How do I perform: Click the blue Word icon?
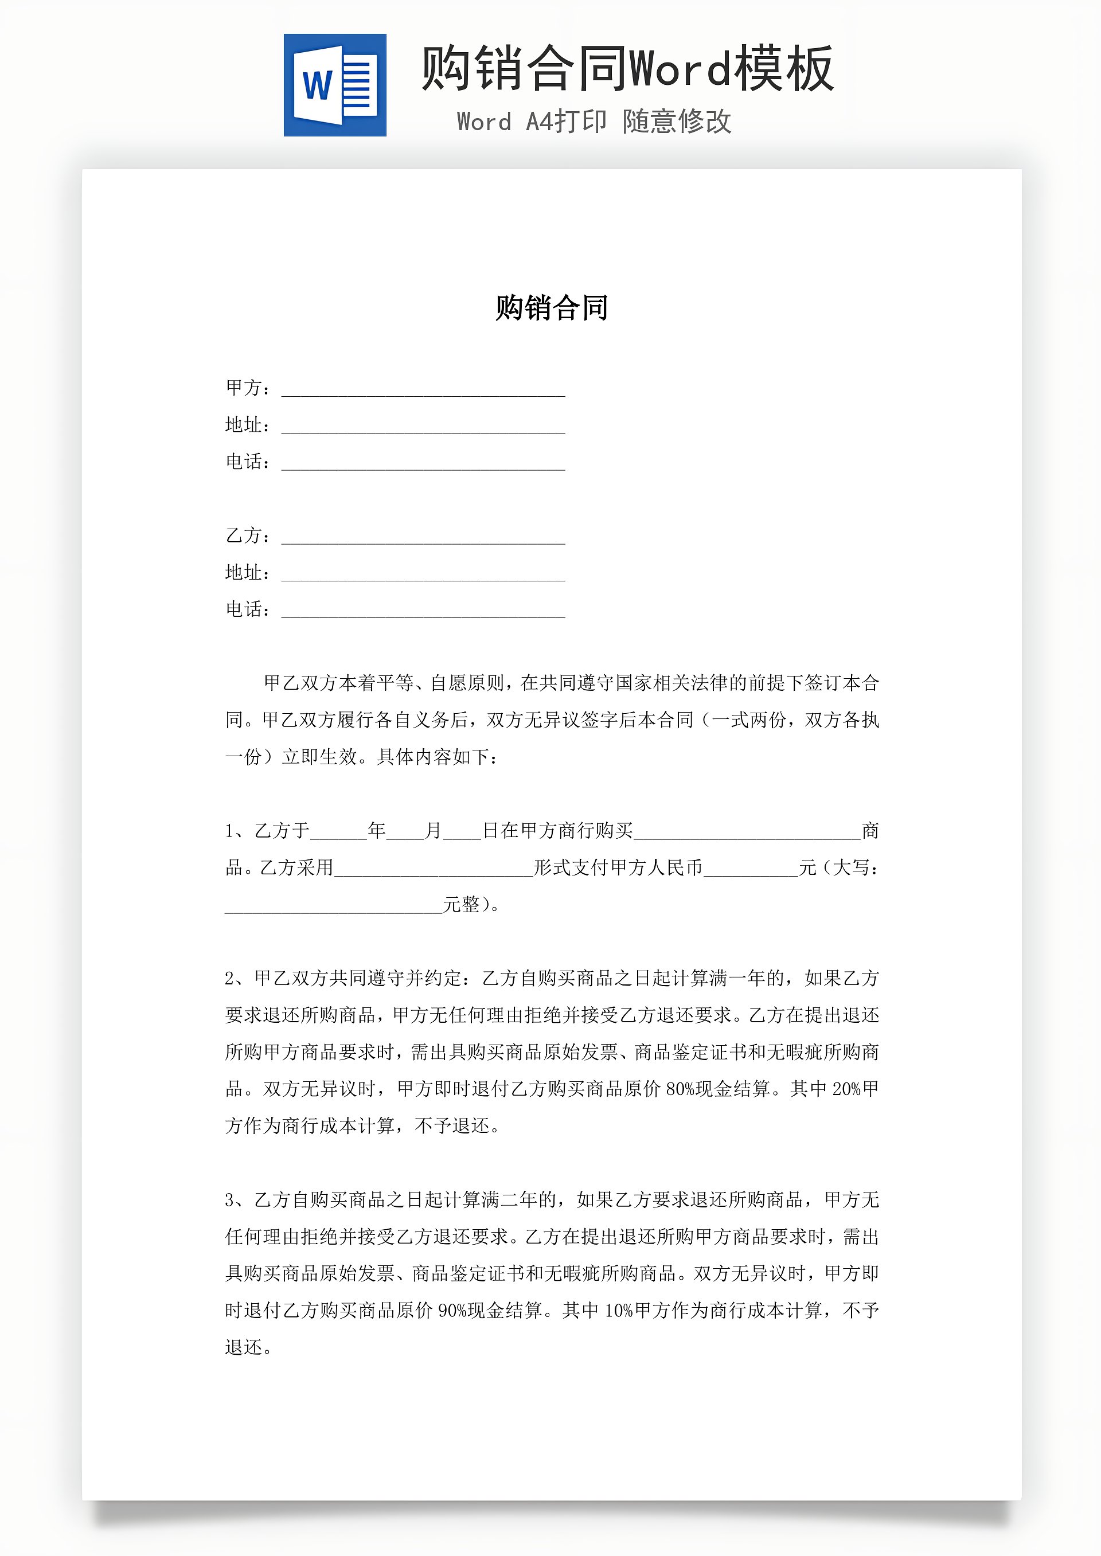coord(335,85)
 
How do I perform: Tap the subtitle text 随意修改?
coord(677,122)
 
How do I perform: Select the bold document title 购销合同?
coord(551,308)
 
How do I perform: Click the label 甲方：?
coord(248,388)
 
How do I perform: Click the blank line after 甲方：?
coord(423,392)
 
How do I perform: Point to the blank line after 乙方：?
coord(423,539)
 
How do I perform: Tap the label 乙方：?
coord(248,535)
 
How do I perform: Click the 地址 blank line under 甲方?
coord(423,429)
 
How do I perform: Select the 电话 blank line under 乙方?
coord(423,613)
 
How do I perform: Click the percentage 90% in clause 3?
coord(452,1311)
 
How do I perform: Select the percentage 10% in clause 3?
coord(618,1311)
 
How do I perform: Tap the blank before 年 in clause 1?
coord(338,835)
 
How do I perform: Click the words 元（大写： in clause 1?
coord(838,867)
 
